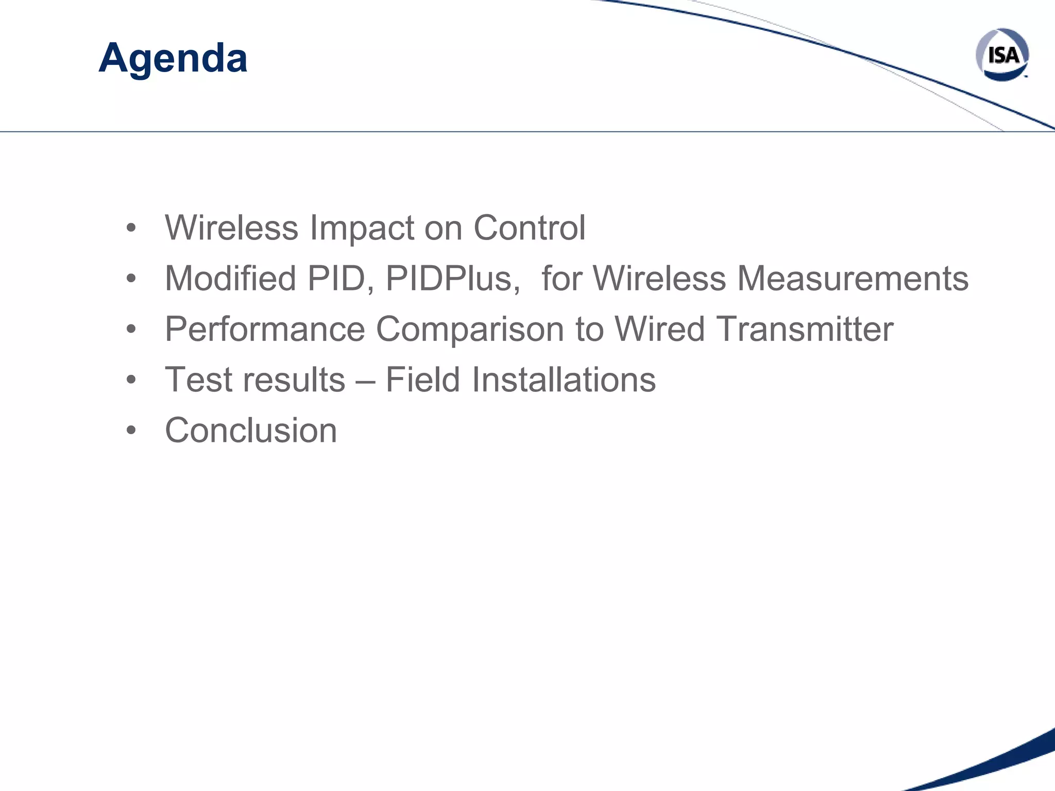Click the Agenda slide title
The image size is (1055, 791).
pos(173,58)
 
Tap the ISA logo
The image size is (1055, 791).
pos(1002,55)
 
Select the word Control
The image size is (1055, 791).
pos(529,228)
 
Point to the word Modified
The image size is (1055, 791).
pos(230,279)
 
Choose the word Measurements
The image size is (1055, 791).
pos(853,279)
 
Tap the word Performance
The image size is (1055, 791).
pos(265,329)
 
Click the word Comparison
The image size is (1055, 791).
pos(470,329)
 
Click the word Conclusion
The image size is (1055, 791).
pos(251,431)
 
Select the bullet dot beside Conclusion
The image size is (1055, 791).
pos(131,431)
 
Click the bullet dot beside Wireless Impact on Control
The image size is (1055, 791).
pos(131,228)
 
